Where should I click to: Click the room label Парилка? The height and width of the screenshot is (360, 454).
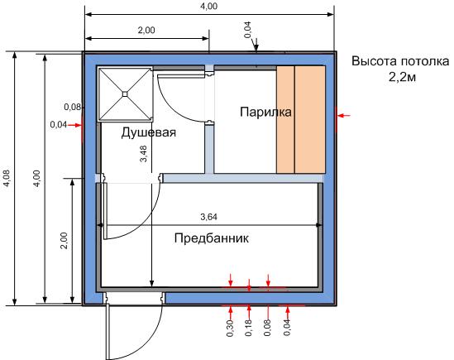tap(265, 112)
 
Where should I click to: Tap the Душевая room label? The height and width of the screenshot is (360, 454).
tap(149, 132)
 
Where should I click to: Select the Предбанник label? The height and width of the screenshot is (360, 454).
tap(212, 238)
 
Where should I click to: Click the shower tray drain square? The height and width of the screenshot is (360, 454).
tap(125, 94)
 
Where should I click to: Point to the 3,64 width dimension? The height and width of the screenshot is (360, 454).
tap(208, 217)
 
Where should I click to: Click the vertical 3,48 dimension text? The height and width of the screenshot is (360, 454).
tap(144, 153)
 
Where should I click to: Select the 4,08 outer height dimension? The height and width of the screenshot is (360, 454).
tap(7, 178)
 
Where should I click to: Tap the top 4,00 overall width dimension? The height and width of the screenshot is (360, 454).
tap(208, 6)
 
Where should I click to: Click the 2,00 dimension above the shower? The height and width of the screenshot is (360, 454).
tap(146, 30)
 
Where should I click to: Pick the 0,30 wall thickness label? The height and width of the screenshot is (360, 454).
tap(230, 328)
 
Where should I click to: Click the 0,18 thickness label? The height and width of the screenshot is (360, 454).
tap(249, 328)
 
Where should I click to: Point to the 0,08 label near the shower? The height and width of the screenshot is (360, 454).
tap(73, 107)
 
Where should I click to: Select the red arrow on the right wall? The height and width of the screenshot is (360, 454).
tap(344, 116)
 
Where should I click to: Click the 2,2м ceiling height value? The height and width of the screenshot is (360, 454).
tap(402, 77)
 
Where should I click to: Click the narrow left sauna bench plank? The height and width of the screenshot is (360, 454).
tap(285, 119)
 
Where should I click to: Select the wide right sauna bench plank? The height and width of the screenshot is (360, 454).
tap(310, 119)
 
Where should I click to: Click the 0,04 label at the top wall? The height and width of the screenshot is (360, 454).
tap(248, 30)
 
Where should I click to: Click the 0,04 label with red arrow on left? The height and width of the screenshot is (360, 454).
tap(59, 125)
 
